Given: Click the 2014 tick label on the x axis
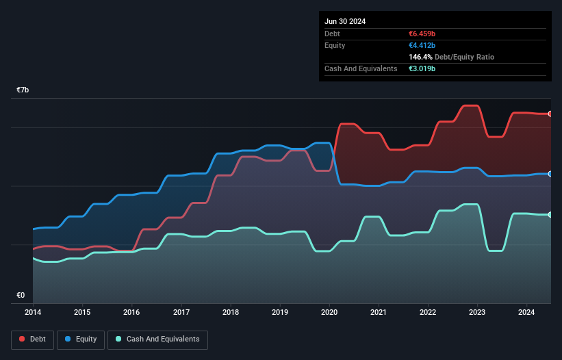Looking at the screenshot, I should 32,313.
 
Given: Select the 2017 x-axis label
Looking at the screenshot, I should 181,313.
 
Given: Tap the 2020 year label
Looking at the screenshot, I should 330,313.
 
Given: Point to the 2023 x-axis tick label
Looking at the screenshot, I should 478,313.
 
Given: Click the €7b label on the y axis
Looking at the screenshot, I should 23,90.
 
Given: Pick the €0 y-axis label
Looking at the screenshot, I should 21,296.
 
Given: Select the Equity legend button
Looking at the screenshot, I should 81,339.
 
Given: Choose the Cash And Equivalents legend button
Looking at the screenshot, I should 157,339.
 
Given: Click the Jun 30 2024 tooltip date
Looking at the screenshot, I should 345,21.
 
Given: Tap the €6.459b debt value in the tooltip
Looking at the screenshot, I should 422,34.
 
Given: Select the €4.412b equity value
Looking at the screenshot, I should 422,45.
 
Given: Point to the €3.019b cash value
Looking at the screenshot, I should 422,68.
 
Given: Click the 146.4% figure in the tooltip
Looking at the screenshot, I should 422,57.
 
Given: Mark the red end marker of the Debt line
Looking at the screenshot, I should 550,114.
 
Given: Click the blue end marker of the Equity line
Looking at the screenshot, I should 550,174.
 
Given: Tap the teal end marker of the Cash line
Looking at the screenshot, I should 550,215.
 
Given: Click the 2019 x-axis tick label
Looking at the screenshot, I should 280,313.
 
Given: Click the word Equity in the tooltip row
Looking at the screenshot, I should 335,45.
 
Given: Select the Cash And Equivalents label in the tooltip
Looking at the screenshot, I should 361,68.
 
